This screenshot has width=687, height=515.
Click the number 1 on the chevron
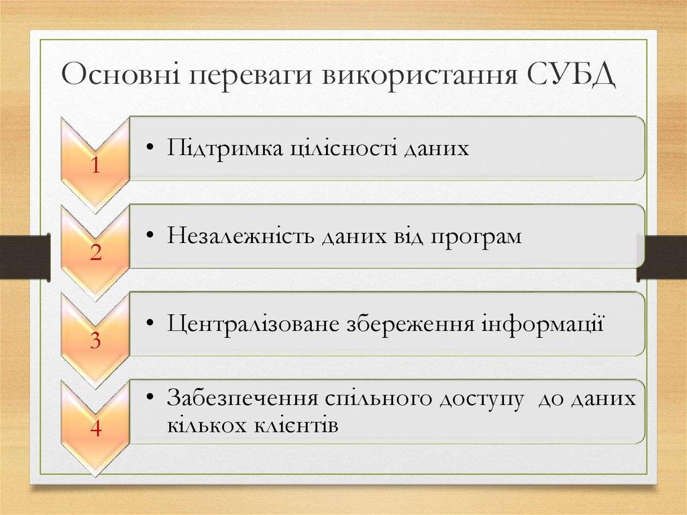pyautogui.click(x=96, y=166)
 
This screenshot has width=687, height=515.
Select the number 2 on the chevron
pyautogui.click(x=95, y=253)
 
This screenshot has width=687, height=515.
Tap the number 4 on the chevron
pyautogui.click(x=95, y=429)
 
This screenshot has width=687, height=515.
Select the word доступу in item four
pyautogui.click(x=481, y=399)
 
